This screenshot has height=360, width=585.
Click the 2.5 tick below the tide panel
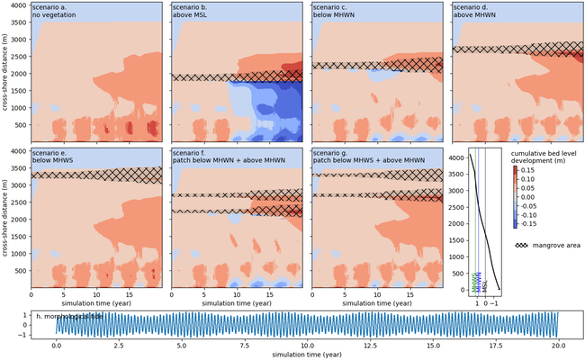pos(120,345)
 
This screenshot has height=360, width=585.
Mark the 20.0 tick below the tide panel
pos(558,345)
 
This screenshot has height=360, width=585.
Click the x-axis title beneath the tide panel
pos(307,355)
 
